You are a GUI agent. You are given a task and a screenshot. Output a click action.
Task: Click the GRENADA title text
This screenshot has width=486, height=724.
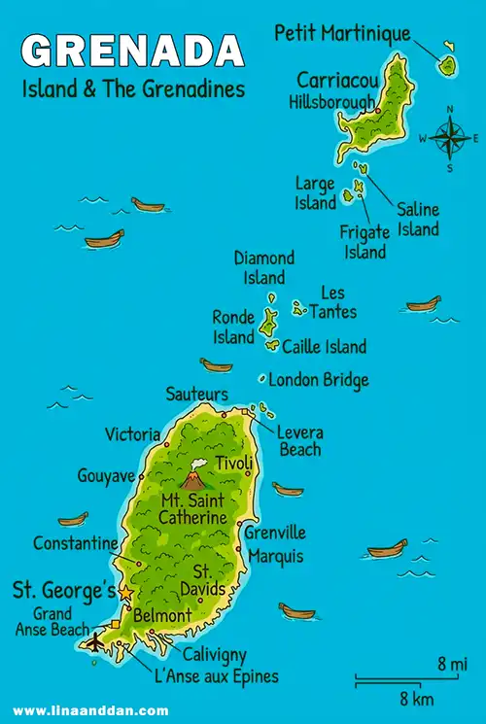132,52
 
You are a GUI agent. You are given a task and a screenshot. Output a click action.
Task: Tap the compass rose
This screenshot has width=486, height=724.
449,138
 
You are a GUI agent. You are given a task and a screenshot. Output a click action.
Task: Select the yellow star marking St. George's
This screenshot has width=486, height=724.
125,592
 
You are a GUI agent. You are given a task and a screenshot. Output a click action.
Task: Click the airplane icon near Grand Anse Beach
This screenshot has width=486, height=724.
94,641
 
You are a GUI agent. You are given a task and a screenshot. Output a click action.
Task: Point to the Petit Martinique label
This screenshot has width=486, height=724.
342,34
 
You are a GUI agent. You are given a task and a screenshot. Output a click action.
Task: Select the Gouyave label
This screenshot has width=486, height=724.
105,475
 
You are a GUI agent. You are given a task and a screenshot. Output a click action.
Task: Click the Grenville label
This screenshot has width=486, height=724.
275,533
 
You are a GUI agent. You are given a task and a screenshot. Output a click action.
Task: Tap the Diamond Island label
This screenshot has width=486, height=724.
263,267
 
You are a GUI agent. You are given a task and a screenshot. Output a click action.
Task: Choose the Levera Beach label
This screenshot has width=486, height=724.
299,441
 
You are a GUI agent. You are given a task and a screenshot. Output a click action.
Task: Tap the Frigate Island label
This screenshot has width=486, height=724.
364,241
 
